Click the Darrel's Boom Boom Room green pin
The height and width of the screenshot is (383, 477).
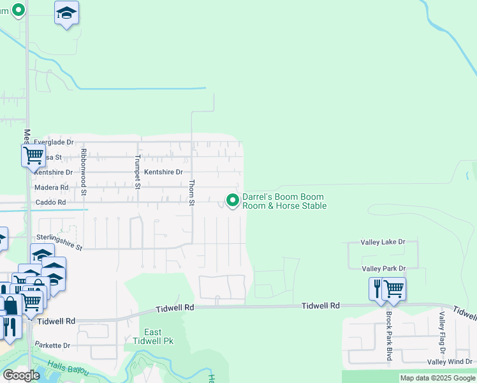pos(233,200)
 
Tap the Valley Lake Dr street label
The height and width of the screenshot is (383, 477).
pos(383,242)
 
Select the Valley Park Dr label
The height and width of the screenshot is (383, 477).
pos(383,269)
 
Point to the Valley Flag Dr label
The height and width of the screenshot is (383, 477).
pos(441,333)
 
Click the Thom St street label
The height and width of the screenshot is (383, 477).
pos(191,192)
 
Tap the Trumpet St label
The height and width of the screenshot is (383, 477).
pos(137,172)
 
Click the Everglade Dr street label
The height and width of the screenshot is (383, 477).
pos(54,142)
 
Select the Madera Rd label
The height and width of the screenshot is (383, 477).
pos(51,188)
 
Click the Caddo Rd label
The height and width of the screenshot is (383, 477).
pos(51,202)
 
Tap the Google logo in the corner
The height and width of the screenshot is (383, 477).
pos(21,375)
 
